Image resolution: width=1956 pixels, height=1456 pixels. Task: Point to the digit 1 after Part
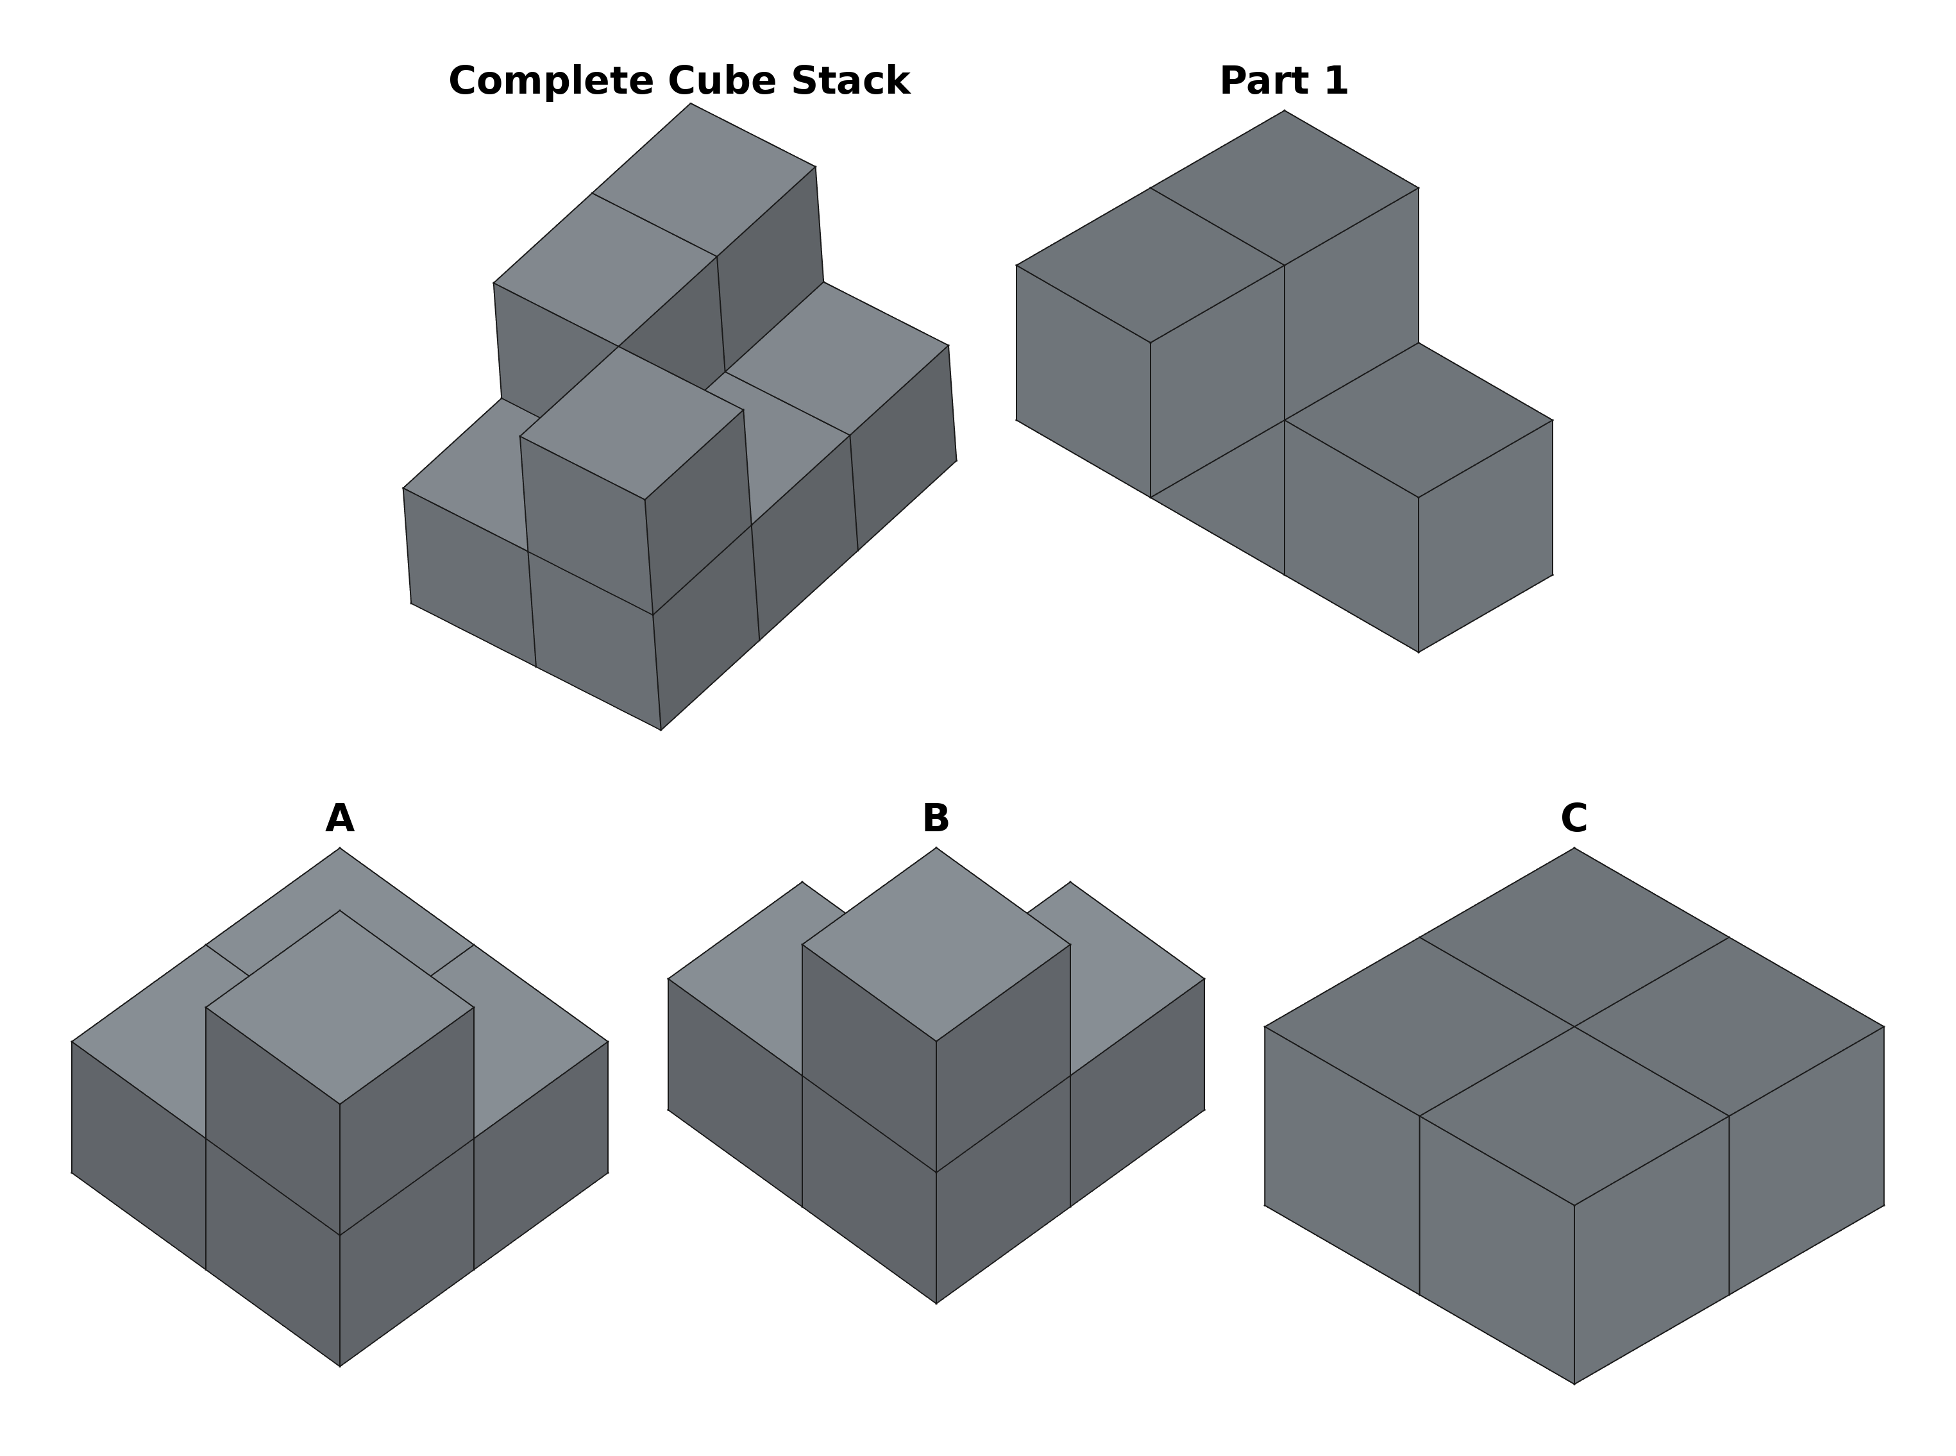[x=1331, y=81]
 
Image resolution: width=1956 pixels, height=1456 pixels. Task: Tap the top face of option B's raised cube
[x=936, y=944]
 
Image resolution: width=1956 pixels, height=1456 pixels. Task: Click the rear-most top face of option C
[x=1574, y=937]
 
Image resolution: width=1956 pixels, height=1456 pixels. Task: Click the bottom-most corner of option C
[x=1574, y=1384]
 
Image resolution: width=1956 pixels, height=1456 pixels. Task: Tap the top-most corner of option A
[x=339, y=848]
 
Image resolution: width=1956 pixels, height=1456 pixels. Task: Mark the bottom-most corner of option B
[x=936, y=1303]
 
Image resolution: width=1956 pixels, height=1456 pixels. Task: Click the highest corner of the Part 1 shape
[x=1284, y=111]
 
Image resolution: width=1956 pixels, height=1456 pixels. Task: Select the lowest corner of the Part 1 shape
[x=1418, y=652]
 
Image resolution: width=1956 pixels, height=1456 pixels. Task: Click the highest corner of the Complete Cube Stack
[x=690, y=104]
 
